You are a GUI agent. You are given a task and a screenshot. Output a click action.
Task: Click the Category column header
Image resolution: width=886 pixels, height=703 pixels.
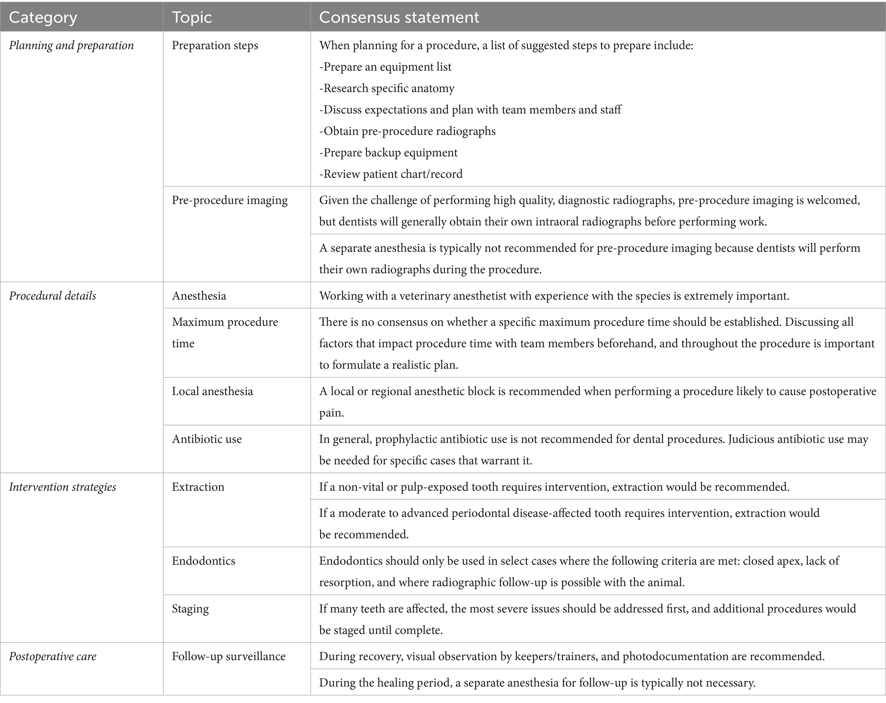(43, 18)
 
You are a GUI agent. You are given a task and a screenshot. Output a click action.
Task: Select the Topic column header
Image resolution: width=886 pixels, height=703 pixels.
(192, 18)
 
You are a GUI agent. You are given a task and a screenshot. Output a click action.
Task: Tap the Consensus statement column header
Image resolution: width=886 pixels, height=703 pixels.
(399, 18)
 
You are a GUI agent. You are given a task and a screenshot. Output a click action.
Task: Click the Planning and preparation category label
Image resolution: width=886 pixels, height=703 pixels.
(71, 45)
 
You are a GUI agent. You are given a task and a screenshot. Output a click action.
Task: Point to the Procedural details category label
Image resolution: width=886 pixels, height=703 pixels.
(52, 296)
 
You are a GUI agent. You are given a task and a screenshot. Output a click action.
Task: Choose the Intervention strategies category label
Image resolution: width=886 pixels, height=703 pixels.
(62, 487)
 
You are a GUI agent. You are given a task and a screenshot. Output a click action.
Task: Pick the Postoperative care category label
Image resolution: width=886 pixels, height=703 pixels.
(52, 657)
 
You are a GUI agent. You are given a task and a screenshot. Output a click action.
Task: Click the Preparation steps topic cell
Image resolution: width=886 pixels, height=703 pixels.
(215, 45)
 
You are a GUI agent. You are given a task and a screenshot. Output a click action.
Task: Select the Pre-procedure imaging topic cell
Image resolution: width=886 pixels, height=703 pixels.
(229, 200)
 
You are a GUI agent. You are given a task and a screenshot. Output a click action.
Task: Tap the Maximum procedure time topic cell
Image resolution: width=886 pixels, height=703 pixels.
(225, 332)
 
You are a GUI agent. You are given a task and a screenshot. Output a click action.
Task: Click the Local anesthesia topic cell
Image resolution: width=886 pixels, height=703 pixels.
(212, 391)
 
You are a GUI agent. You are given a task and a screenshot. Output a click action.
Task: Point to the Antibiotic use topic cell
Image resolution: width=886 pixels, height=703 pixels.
(207, 439)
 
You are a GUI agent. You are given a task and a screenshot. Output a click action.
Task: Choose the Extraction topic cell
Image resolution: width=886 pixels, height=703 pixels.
(198, 487)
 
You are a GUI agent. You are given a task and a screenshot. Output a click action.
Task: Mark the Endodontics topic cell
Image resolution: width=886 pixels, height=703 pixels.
(203, 561)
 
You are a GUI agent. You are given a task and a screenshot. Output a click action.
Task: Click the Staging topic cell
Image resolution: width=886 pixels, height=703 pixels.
(190, 609)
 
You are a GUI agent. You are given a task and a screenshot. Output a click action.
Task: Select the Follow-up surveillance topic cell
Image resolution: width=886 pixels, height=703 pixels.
(228, 657)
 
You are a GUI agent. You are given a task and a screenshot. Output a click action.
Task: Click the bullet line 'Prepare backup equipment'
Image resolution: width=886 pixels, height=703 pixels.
(388, 153)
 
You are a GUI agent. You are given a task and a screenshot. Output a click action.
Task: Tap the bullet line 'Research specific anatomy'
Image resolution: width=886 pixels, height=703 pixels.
(387, 88)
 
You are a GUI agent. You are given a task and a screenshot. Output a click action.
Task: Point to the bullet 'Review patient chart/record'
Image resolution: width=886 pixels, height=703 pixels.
(391, 174)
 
